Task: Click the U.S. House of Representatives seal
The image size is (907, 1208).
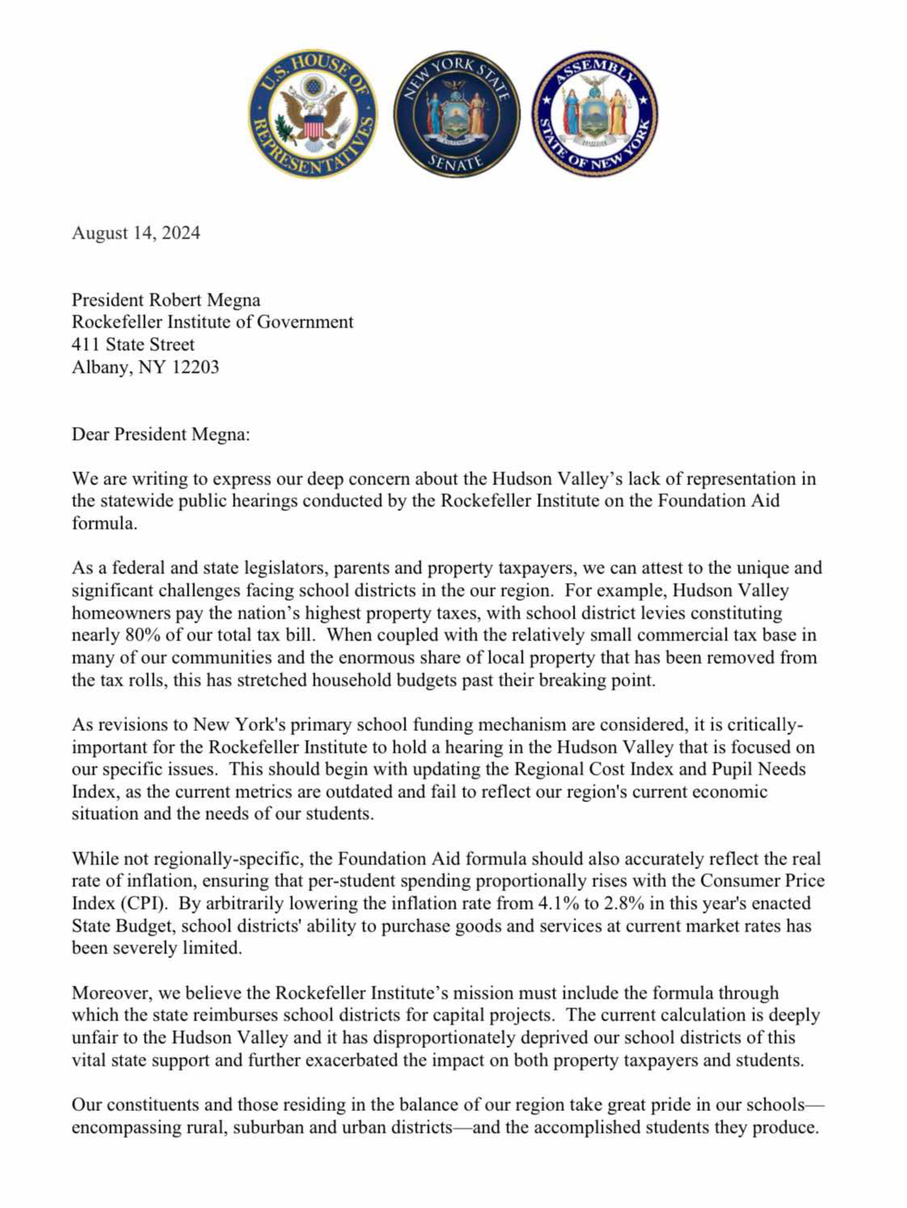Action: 312,114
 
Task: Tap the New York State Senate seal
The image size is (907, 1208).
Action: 457,114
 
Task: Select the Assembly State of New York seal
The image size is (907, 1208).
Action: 595,114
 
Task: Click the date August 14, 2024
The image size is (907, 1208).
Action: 136,233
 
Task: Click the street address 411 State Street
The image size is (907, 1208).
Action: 134,344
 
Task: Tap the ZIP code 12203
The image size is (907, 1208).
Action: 195,367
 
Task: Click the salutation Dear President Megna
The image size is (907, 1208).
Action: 161,434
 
